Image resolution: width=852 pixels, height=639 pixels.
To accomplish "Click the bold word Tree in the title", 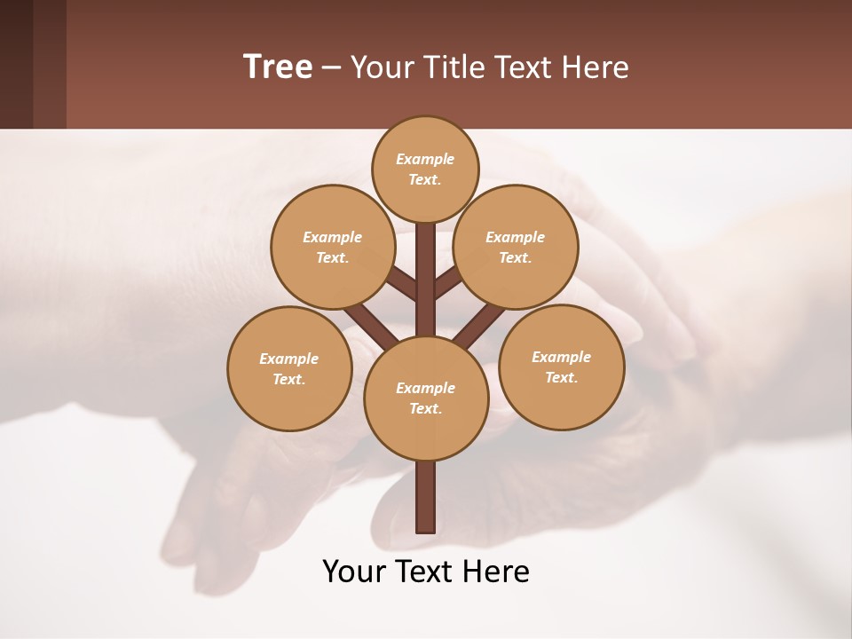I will pyautogui.click(x=278, y=67).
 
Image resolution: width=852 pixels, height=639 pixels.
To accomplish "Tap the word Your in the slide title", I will pyautogui.click(x=380, y=67).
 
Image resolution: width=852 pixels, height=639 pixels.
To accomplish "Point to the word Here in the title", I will pyautogui.click(x=598, y=67).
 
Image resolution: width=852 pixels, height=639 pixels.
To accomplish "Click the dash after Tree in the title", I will pyautogui.click(x=331, y=68).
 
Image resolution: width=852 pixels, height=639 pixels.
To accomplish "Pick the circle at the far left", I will pyautogui.click(x=289, y=368).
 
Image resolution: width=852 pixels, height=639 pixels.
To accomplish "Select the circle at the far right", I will pyautogui.click(x=562, y=367).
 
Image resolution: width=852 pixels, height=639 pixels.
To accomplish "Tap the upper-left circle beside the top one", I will pyautogui.click(x=332, y=247).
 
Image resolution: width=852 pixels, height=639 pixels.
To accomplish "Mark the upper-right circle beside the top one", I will pyautogui.click(x=516, y=247).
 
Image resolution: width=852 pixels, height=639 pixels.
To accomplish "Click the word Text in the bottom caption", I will pyautogui.click(x=425, y=572).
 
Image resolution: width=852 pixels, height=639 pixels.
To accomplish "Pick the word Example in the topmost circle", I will pyautogui.click(x=425, y=159).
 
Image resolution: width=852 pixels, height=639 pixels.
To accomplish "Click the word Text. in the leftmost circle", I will pyautogui.click(x=289, y=380).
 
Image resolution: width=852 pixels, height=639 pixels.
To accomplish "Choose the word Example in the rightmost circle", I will pyautogui.click(x=561, y=357).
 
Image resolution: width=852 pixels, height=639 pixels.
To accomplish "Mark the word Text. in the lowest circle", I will pyautogui.click(x=426, y=409).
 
